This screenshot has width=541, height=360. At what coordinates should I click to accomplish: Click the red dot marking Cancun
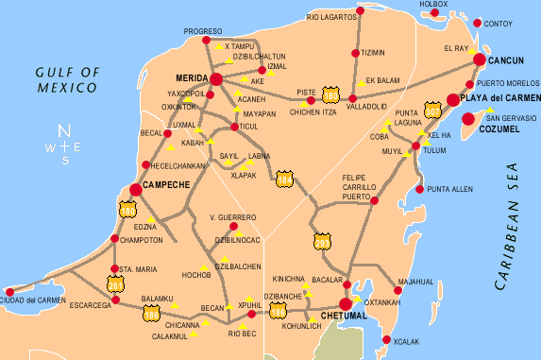(x=480, y=60)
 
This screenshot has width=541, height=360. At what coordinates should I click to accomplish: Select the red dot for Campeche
(x=135, y=190)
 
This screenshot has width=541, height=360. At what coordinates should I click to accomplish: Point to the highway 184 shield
(x=284, y=178)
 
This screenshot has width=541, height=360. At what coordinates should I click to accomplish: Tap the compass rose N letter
(x=64, y=130)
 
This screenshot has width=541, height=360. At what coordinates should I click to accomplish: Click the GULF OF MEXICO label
(x=67, y=79)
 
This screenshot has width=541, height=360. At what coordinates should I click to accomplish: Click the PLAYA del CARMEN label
(x=500, y=99)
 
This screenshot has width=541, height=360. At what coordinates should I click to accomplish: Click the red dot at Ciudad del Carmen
(x=10, y=292)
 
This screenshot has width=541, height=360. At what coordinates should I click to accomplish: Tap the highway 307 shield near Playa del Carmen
(x=433, y=111)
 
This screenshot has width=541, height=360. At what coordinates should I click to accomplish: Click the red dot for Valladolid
(x=352, y=97)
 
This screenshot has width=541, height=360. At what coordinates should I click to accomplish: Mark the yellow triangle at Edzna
(x=151, y=219)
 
